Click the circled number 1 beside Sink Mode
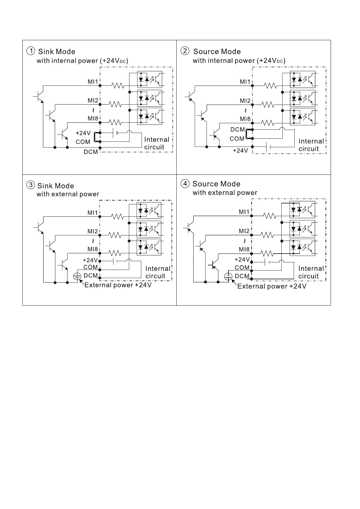pyautogui.click(x=31, y=51)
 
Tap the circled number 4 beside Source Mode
pyautogui.click(x=185, y=183)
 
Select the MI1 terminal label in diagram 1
pyautogui.click(x=93, y=82)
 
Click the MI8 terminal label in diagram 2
pyautogui.click(x=245, y=119)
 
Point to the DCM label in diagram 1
pyautogui.click(x=91, y=152)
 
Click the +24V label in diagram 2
pyautogui.click(x=240, y=151)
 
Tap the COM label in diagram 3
pyautogui.click(x=90, y=267)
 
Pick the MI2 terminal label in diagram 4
pyautogui.click(x=244, y=231)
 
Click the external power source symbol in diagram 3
pyautogui.click(x=77, y=276)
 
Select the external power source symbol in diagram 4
pyautogui.click(x=228, y=277)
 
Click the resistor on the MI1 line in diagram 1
pyautogui.click(x=118, y=86)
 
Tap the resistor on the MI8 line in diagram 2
pyautogui.click(x=268, y=123)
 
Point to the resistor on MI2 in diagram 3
pyautogui.click(x=115, y=235)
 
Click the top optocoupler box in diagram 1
pyautogui.click(x=149, y=79)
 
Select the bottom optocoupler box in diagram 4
pyautogui.click(x=302, y=247)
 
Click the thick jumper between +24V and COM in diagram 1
pyautogui.click(x=94, y=137)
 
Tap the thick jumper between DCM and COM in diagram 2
pyautogui.click(x=247, y=134)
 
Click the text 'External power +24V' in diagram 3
pyautogui.click(x=118, y=285)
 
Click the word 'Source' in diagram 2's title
pyautogui.click(x=206, y=51)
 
